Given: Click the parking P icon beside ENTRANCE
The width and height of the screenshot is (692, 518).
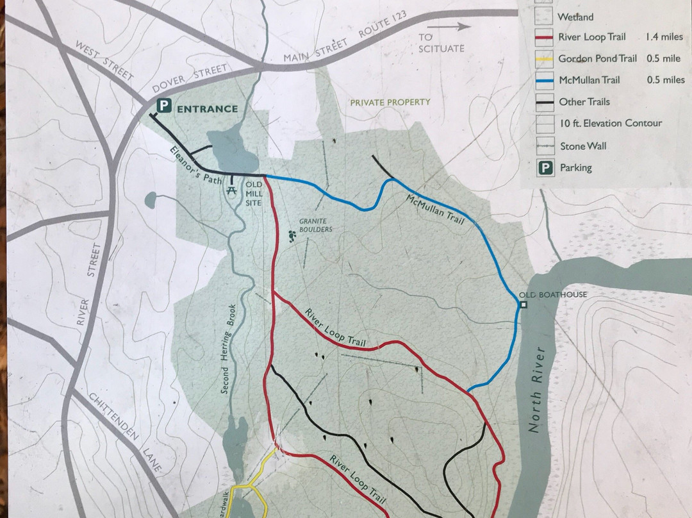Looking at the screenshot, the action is click(165, 107).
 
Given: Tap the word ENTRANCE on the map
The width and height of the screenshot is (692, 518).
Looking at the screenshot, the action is click(207, 108).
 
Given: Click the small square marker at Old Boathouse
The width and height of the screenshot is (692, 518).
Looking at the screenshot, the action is click(523, 305).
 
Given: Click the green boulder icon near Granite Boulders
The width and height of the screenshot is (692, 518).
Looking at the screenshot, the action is click(293, 237).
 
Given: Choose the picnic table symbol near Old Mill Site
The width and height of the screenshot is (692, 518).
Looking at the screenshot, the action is click(231, 189).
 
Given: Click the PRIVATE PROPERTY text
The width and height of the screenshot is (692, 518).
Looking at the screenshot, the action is click(390, 102).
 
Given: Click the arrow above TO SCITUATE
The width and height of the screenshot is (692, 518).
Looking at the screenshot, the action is click(458, 27).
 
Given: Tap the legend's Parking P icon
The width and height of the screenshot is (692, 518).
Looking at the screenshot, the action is click(545, 168).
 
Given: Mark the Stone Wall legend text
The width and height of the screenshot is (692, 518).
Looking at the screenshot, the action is click(583, 146).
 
